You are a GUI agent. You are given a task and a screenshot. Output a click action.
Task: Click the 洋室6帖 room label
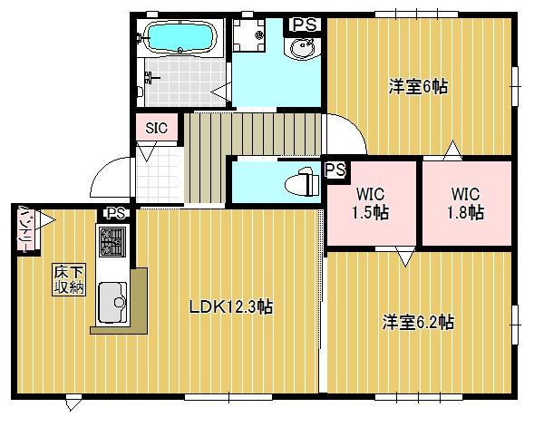click(418, 87)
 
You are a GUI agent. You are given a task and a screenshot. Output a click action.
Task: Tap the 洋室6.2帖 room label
click(418, 322)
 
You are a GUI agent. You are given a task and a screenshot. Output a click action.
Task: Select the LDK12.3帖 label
click(230, 307)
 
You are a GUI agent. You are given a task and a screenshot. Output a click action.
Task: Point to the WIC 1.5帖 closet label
click(371, 204)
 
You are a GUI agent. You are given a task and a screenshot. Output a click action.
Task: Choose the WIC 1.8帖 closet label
click(465, 204)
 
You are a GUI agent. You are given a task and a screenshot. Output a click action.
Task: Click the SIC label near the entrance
click(156, 128)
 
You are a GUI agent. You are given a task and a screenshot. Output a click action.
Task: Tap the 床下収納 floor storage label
click(66, 278)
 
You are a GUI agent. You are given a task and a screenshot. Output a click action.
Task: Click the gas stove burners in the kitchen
click(112, 241)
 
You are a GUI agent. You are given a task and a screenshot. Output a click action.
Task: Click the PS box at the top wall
click(304, 25)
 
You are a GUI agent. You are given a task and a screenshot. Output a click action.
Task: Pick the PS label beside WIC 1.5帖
click(335, 170)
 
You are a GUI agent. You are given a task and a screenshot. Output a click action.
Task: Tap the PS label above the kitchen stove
click(114, 214)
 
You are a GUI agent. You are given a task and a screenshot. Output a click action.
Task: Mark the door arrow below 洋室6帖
click(451, 148)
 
